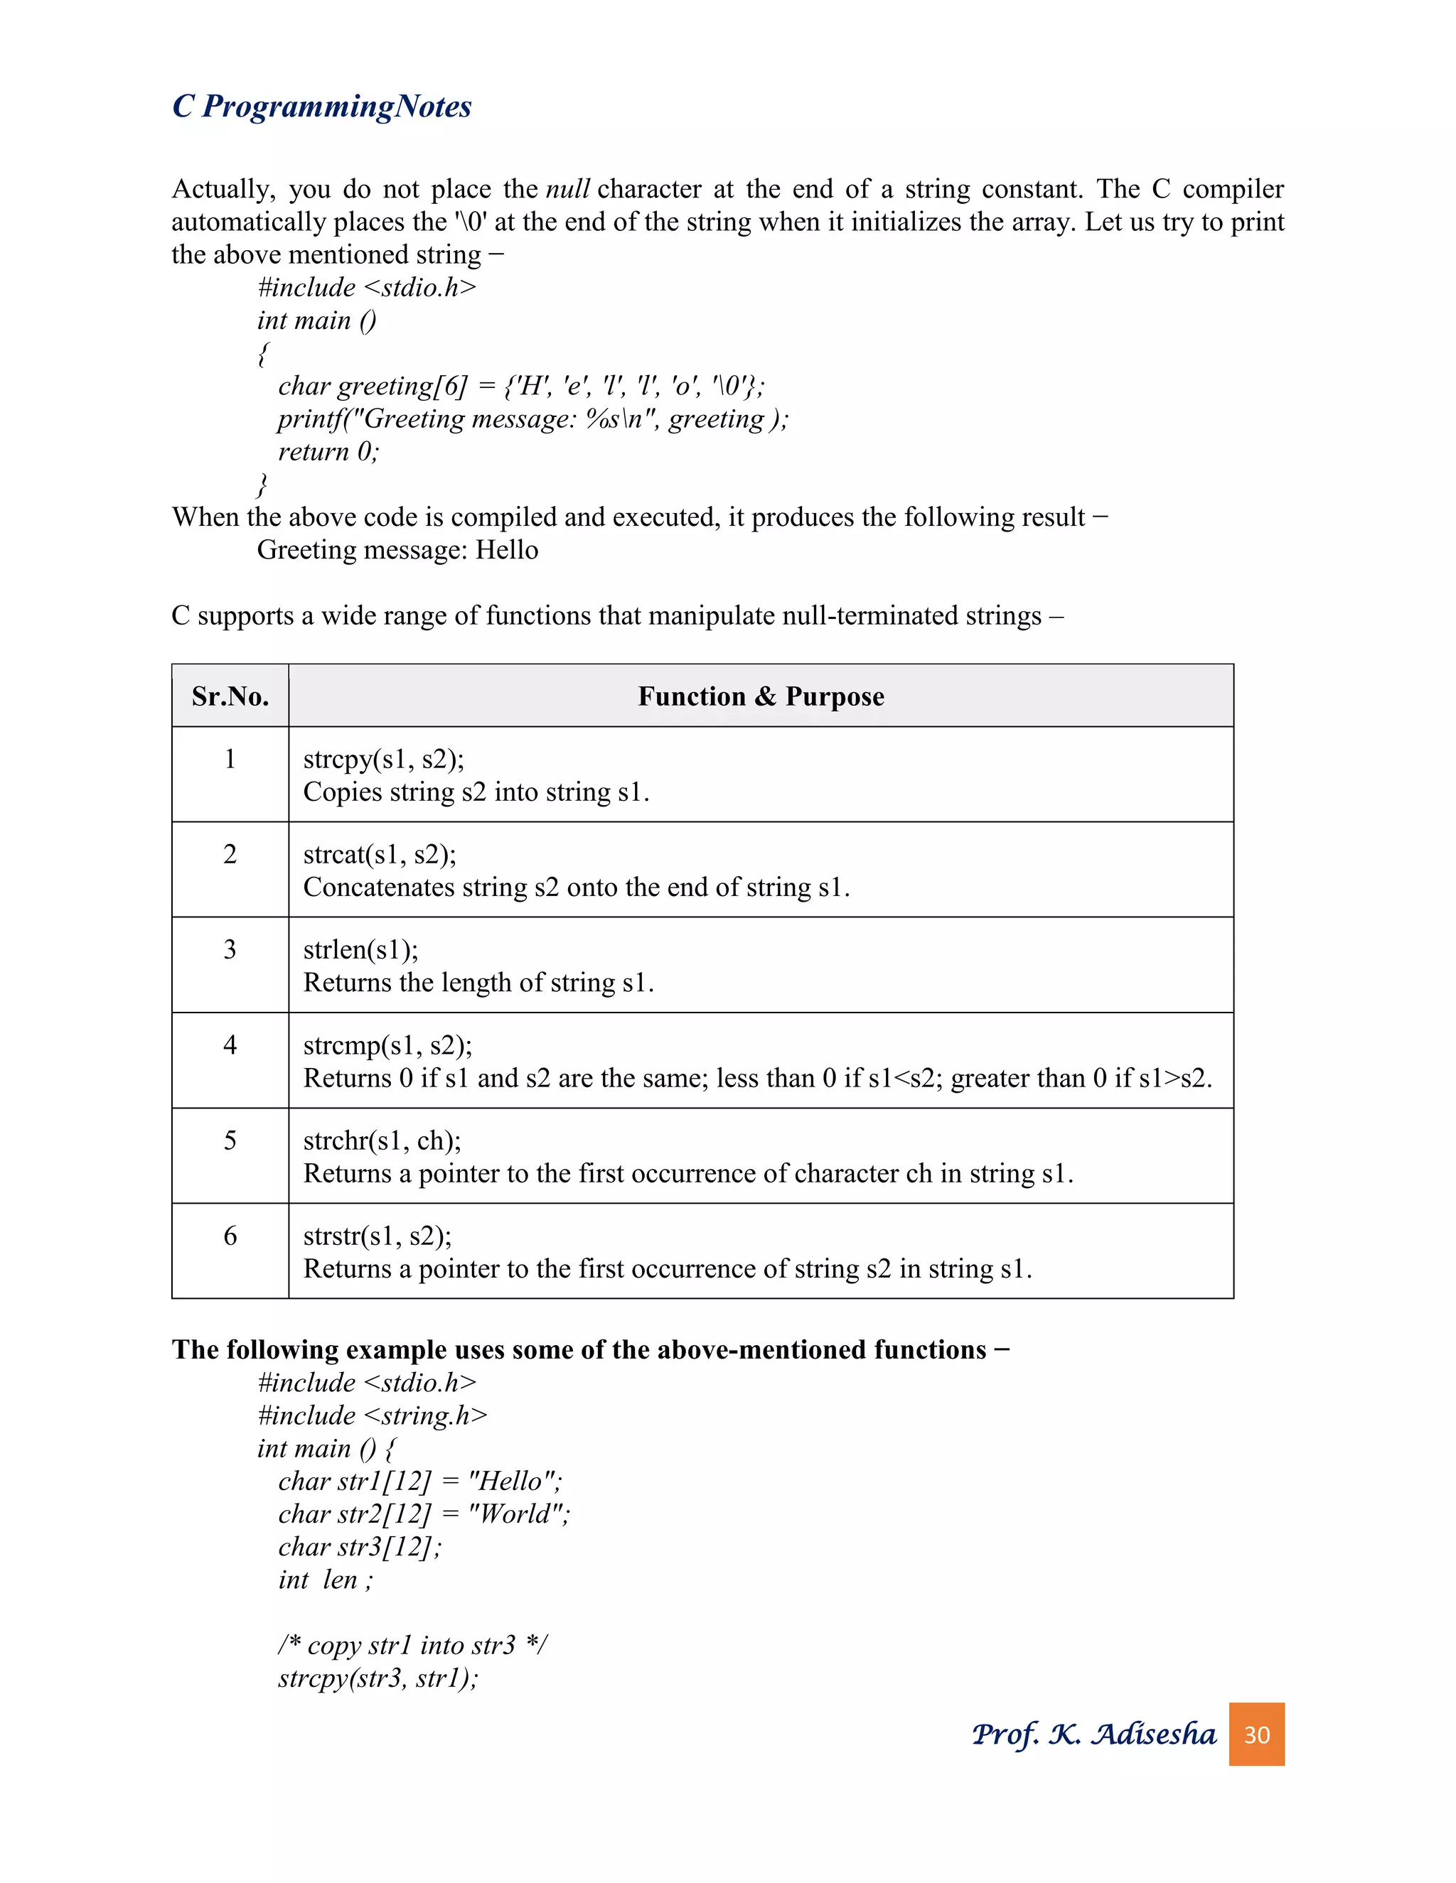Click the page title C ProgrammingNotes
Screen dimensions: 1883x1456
click(322, 106)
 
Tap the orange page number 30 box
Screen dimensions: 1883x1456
click(1256, 1734)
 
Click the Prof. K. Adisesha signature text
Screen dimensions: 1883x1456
click(1093, 1734)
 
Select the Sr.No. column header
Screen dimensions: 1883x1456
click(230, 696)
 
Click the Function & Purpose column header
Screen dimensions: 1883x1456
click(761, 696)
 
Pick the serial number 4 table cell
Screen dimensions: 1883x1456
click(230, 1045)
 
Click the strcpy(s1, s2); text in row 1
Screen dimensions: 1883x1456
click(384, 759)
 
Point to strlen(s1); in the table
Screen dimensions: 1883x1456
click(360, 949)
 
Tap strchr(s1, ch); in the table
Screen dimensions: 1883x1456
click(382, 1140)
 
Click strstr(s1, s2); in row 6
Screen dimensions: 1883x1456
click(377, 1236)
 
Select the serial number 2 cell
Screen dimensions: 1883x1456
click(230, 853)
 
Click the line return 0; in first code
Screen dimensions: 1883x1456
click(328, 451)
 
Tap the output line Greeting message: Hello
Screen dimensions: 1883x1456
click(397, 549)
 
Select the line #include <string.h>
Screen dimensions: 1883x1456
click(373, 1415)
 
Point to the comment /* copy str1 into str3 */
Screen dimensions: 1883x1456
click(412, 1644)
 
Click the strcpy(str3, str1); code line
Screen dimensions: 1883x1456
click(378, 1677)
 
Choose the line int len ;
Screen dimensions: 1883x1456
click(325, 1579)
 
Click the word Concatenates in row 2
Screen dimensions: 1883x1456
click(379, 887)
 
